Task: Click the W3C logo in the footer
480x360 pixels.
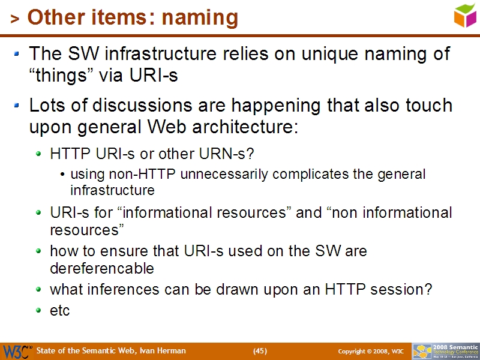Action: click(x=16, y=351)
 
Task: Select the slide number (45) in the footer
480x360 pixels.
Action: click(x=260, y=351)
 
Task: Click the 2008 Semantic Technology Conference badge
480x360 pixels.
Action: click(x=445, y=351)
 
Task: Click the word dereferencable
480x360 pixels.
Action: click(x=102, y=268)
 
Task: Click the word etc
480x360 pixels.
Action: click(x=60, y=310)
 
